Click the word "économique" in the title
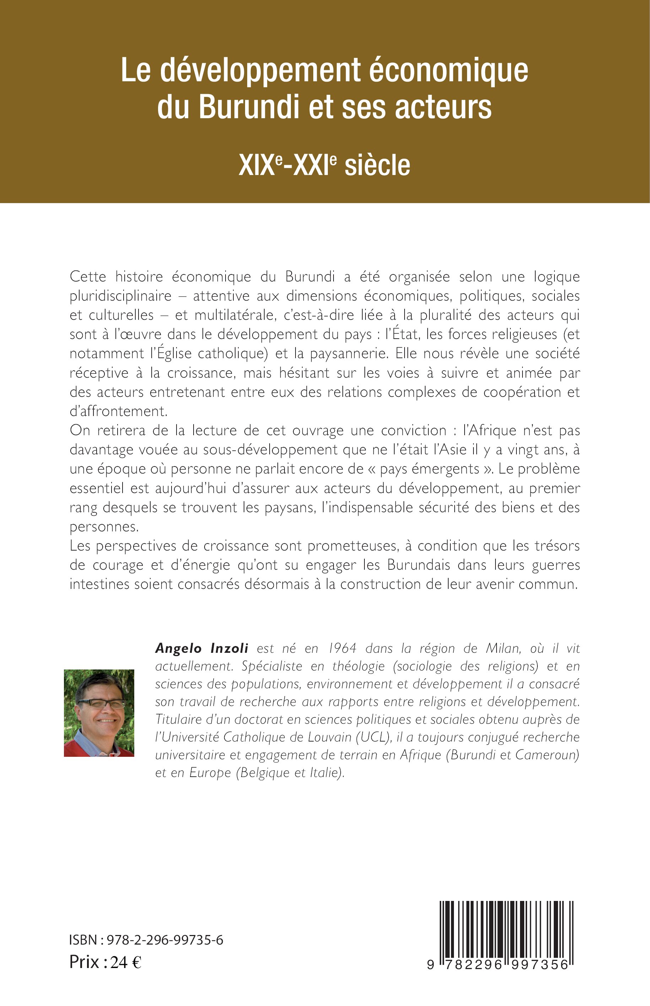coord(448,70)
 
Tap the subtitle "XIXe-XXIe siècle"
coord(324,165)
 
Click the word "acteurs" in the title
coord(443,107)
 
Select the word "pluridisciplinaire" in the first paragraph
coord(120,296)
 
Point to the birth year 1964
coord(342,648)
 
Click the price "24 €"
coord(126,962)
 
